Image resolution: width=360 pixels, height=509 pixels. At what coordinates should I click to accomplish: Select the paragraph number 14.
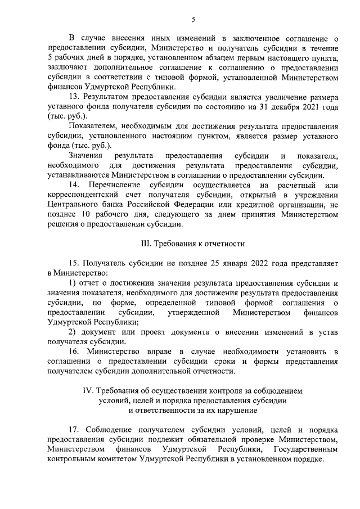tap(73, 185)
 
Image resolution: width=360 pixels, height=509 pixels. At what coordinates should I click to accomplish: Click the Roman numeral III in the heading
tap(145, 244)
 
